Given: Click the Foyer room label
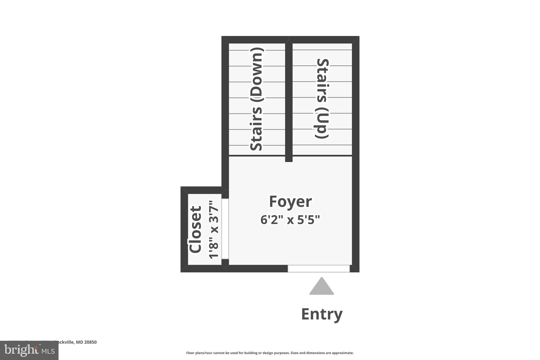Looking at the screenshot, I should pos(290,202).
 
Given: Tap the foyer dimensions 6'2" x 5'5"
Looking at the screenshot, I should pos(290,220).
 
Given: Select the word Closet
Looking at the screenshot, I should pos(195,229).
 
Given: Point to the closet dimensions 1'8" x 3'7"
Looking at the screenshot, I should pos(214,229).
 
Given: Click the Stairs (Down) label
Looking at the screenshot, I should pos(256,99).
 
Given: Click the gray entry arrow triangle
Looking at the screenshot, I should pos(321,287).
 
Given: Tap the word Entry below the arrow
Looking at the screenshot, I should pos(322,314).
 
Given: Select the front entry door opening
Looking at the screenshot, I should pos(319,268).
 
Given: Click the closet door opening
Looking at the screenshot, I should pos(225,229).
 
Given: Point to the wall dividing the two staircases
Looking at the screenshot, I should pos(289,100).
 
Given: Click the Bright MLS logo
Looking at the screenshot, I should pos(29,350).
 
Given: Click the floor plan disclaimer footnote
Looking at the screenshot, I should pos(270,353).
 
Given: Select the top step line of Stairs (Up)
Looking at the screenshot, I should pos(322,50).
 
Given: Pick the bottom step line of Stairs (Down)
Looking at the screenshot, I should pos(257,145).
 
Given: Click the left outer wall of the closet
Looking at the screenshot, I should pos(184,229).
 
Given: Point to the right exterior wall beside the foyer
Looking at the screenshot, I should pos(356,211).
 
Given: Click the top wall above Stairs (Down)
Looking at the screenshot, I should pos(255,40).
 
